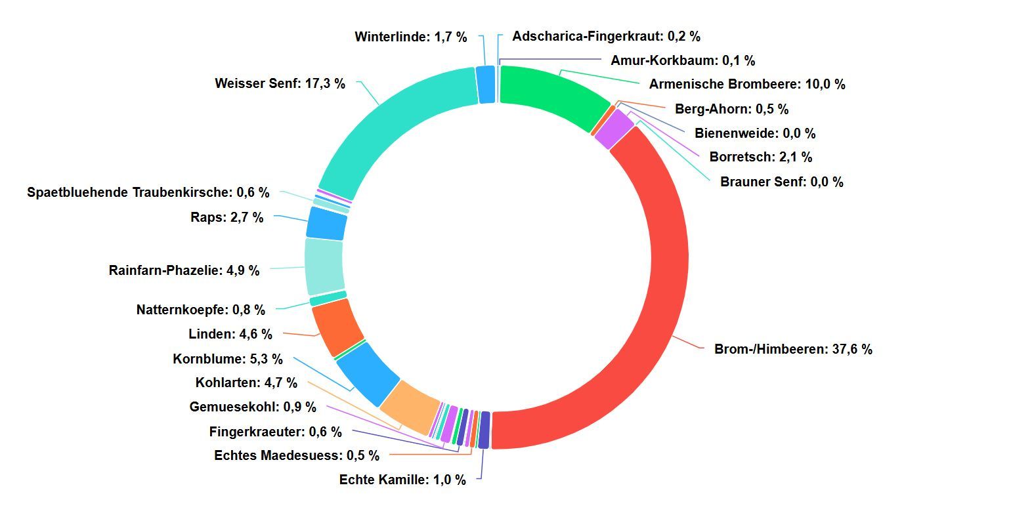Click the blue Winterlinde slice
pos(486,85)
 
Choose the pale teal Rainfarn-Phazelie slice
pos(324,266)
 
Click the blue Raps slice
pos(326,224)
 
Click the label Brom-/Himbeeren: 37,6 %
pos(793,349)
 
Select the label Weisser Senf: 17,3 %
pos(280,83)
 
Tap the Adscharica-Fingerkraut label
pos(606,36)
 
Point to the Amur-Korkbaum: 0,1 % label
pos(683,60)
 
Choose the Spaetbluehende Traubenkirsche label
pos(148,192)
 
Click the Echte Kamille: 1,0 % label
pos(402,480)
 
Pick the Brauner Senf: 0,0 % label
pos(781,182)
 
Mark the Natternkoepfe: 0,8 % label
pos(201,310)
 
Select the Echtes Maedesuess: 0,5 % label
pos(297,455)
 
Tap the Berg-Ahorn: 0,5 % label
pos(731,109)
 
